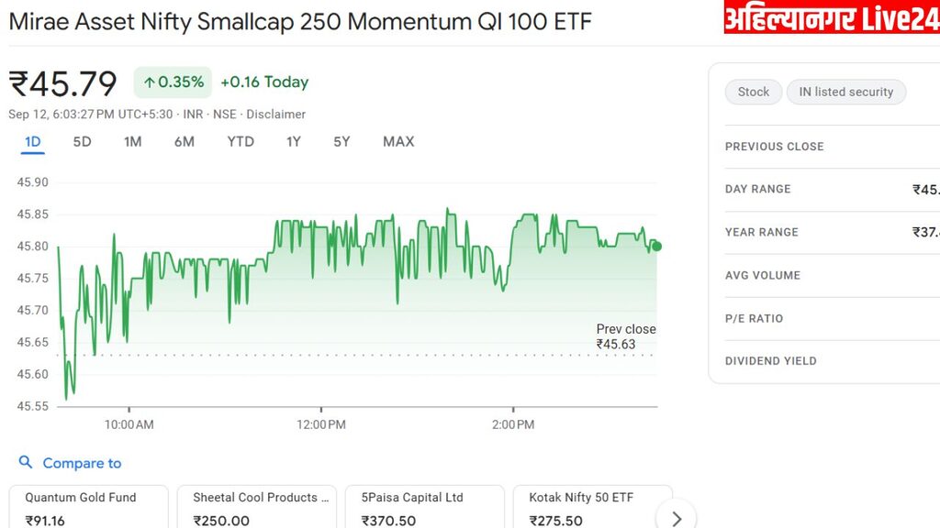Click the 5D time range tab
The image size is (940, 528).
click(82, 141)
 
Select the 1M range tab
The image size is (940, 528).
click(132, 141)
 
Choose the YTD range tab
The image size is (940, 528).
click(241, 141)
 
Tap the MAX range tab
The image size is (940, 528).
click(398, 141)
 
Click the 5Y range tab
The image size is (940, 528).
click(341, 141)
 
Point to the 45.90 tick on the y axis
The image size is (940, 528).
click(33, 182)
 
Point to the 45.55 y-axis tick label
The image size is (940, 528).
click(33, 406)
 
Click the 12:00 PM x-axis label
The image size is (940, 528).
click(321, 424)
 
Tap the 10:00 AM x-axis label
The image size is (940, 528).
click(129, 424)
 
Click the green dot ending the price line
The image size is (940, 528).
click(656, 246)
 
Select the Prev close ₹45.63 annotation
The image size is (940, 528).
click(625, 337)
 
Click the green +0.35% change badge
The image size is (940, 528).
click(173, 82)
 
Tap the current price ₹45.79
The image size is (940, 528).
click(63, 83)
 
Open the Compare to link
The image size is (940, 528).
click(81, 463)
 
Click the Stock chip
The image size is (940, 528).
click(753, 92)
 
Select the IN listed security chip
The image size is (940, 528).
click(845, 92)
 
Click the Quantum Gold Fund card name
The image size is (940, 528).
click(81, 498)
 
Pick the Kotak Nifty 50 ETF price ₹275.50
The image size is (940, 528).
click(555, 521)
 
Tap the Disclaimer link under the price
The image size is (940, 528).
click(275, 115)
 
